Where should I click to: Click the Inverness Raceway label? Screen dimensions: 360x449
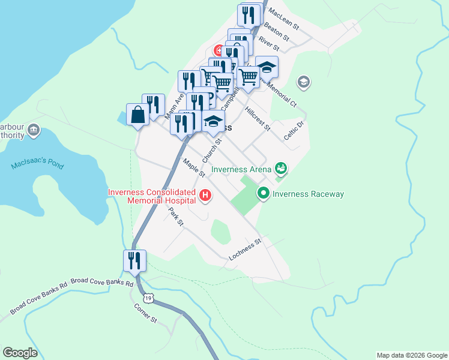tap(308, 194)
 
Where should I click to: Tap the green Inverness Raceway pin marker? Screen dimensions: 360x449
tap(263, 193)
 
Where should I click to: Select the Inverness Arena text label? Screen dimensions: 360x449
tap(243, 170)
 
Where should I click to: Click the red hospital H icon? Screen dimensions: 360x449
tap(205, 195)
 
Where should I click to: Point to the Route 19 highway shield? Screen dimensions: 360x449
tap(146, 298)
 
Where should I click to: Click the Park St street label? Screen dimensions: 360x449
tap(175, 217)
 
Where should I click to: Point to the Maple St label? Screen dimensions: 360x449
tap(194, 167)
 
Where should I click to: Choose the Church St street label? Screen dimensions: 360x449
tap(212, 151)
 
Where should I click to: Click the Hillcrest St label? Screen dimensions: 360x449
tap(258, 119)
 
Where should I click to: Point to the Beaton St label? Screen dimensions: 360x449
tap(276, 32)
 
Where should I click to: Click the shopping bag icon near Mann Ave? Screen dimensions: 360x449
tap(138, 115)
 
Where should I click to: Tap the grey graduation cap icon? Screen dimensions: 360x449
tap(304, 82)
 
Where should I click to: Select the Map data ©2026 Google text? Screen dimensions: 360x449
tap(411, 355)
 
